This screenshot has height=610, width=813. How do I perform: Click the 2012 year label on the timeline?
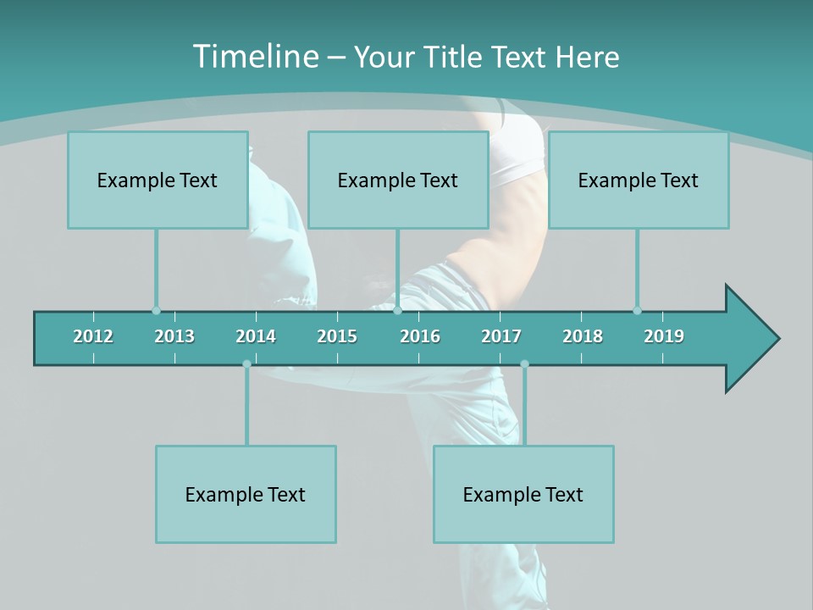coord(93,336)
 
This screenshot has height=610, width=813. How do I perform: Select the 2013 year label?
coord(174,336)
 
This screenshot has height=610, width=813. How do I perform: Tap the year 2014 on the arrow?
coord(256,336)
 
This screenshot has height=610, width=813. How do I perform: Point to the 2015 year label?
coord(337,336)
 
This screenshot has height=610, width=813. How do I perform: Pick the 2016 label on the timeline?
coord(420,336)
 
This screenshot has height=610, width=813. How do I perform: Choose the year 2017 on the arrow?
coord(501,336)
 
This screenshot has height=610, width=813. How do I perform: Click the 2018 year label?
coord(583,336)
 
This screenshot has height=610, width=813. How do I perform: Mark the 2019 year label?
coord(664,336)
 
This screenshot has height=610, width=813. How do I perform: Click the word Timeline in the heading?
coord(255,57)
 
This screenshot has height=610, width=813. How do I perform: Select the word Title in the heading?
coord(455,58)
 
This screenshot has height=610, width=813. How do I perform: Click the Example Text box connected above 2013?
coord(158,180)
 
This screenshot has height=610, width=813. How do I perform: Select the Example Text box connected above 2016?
coord(398,180)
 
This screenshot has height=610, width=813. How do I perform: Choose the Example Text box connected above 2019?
coord(639,180)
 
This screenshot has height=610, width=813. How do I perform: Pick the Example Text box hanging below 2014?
coord(246,494)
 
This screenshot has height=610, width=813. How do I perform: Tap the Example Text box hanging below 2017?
coord(523,494)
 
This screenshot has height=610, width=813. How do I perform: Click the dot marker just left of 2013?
coord(156,310)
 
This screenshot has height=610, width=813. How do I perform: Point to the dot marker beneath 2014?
coord(246,364)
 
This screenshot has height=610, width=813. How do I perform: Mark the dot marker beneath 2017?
coord(524,364)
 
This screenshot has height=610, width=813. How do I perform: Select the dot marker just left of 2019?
coord(637,310)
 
